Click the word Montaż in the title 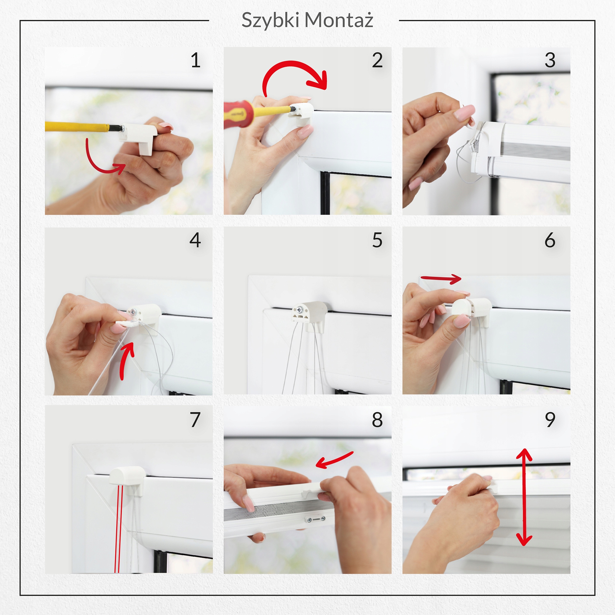pos(339,20)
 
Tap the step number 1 pos(196,60)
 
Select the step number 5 pos(377,240)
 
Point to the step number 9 pos(550,420)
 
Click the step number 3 pos(550,60)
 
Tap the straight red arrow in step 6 pos(441,279)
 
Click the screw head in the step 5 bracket pos(300,309)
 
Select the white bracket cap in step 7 pos(127,476)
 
